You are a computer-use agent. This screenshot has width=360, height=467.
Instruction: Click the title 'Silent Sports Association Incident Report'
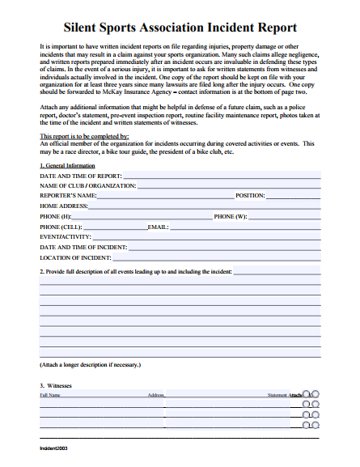point(180,28)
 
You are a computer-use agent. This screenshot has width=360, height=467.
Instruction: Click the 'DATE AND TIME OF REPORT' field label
point(81,176)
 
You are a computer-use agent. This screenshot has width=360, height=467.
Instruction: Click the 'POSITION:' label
point(250,196)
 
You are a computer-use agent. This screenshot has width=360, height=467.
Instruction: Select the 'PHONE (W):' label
point(231,217)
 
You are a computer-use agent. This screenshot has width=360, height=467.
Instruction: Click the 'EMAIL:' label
point(158,227)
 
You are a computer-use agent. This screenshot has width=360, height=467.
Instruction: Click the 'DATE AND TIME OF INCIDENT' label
point(83,247)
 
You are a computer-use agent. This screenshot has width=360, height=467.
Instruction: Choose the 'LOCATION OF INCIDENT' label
point(75,257)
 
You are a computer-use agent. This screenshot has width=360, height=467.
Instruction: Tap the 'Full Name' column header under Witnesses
point(50,395)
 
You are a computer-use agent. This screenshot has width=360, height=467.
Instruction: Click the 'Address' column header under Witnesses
point(156,395)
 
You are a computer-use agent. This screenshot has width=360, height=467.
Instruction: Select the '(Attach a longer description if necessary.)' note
point(90,365)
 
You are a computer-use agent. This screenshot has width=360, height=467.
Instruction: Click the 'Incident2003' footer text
point(54,448)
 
